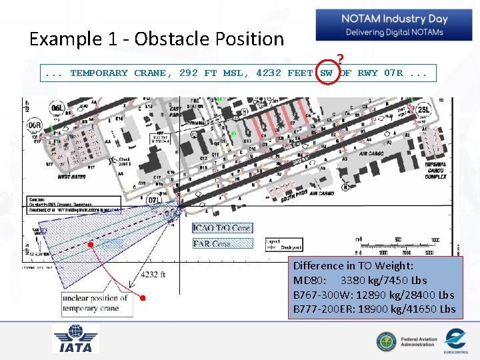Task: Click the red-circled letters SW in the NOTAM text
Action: pos(327,73)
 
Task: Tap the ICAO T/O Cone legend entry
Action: pos(222,228)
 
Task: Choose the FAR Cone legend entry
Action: pos(212,244)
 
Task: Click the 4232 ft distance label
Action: pos(153,275)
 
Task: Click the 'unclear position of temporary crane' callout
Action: pos(95,303)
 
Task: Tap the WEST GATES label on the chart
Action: pos(72,177)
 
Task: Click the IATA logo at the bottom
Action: pos(75,339)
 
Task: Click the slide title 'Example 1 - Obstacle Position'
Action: pos(157,39)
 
